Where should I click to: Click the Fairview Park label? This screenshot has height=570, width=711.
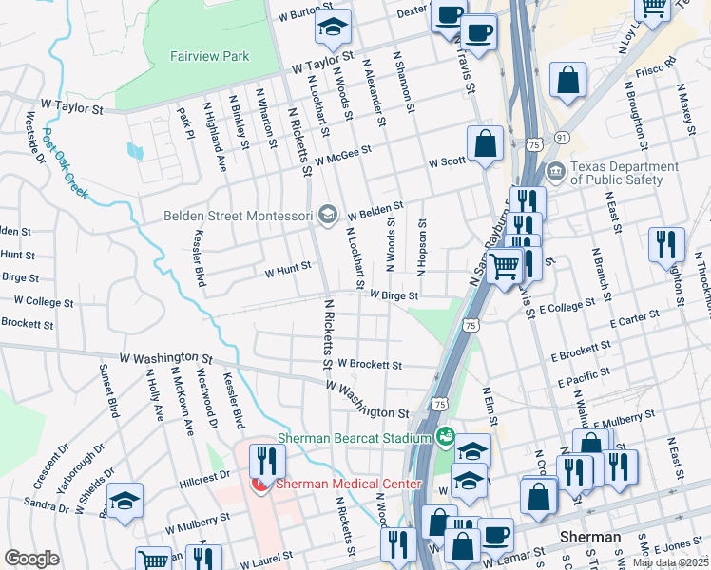point(209,56)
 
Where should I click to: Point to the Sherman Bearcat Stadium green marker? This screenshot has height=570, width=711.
point(444,438)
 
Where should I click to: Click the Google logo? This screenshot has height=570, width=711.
point(31,559)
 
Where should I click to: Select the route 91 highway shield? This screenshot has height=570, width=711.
point(562,139)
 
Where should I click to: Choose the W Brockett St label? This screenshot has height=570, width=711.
point(370,364)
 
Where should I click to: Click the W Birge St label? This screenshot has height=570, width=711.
point(394,295)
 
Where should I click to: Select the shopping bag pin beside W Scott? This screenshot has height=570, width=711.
point(485,144)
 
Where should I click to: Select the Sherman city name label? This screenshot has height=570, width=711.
point(590,537)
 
